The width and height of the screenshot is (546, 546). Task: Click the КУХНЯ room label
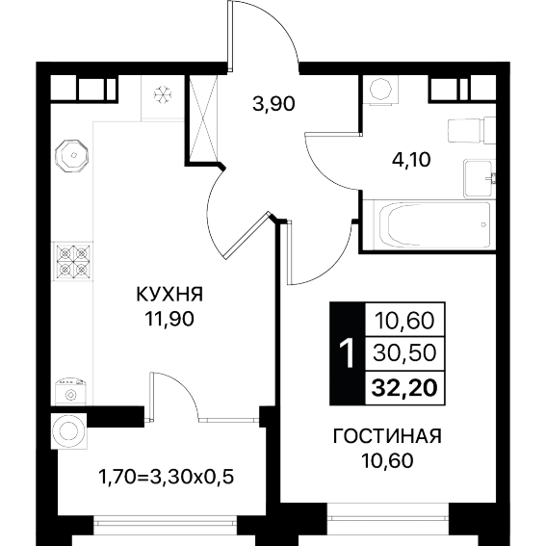click(169, 295)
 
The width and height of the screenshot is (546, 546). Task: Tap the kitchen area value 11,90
click(169, 319)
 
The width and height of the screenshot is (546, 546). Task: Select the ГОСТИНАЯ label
click(387, 436)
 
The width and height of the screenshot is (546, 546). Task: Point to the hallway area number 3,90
click(273, 103)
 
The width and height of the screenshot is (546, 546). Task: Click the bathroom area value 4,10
click(411, 160)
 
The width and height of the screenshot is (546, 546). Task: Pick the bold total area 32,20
click(404, 388)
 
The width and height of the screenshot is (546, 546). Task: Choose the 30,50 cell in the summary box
click(404, 353)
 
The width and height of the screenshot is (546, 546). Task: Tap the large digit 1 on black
click(348, 353)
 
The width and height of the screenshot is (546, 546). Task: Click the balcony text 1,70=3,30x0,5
click(167, 477)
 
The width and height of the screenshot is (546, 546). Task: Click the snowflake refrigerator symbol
click(163, 94)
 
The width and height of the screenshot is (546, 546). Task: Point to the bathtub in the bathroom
click(432, 225)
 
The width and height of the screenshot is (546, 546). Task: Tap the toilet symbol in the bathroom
click(470, 131)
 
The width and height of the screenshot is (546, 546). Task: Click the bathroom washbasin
click(480, 179)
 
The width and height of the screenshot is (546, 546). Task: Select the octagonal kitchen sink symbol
click(72, 156)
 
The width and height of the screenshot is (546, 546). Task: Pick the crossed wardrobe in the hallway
click(203, 118)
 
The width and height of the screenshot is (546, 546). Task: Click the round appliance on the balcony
click(69, 431)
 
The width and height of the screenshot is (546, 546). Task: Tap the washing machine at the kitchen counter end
click(71, 392)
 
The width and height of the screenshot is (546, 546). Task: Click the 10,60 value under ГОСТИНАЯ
click(387, 460)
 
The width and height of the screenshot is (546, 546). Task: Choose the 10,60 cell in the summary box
click(404, 320)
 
